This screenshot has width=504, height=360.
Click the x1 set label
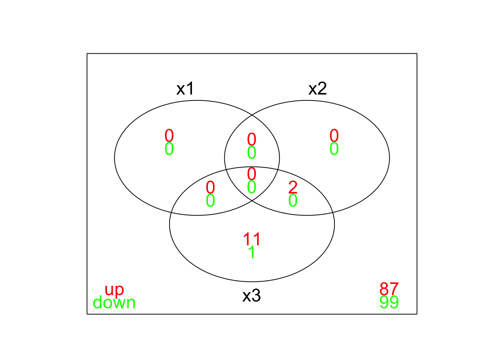(185, 88)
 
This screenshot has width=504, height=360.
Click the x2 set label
(318, 88)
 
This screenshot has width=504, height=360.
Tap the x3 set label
(252, 295)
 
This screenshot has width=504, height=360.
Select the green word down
(114, 302)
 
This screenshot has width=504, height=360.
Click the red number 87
(389, 289)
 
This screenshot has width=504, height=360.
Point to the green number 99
(389, 302)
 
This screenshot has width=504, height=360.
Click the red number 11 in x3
(252, 239)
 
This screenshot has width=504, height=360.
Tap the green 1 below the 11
(252, 252)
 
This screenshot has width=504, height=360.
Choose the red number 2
(293, 187)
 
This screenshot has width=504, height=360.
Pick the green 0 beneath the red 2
(293, 200)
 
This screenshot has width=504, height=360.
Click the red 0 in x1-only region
(169, 135)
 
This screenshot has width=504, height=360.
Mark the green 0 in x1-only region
(169, 148)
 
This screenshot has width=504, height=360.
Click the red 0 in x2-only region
(334, 135)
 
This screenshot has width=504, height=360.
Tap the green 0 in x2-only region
(334, 148)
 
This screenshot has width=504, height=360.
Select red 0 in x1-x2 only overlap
(252, 139)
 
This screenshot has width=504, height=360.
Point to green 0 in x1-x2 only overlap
(252, 152)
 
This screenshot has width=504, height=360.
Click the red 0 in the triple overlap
(252, 174)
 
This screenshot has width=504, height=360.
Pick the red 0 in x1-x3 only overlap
(210, 187)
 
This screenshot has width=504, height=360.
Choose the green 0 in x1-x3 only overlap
(210, 200)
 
